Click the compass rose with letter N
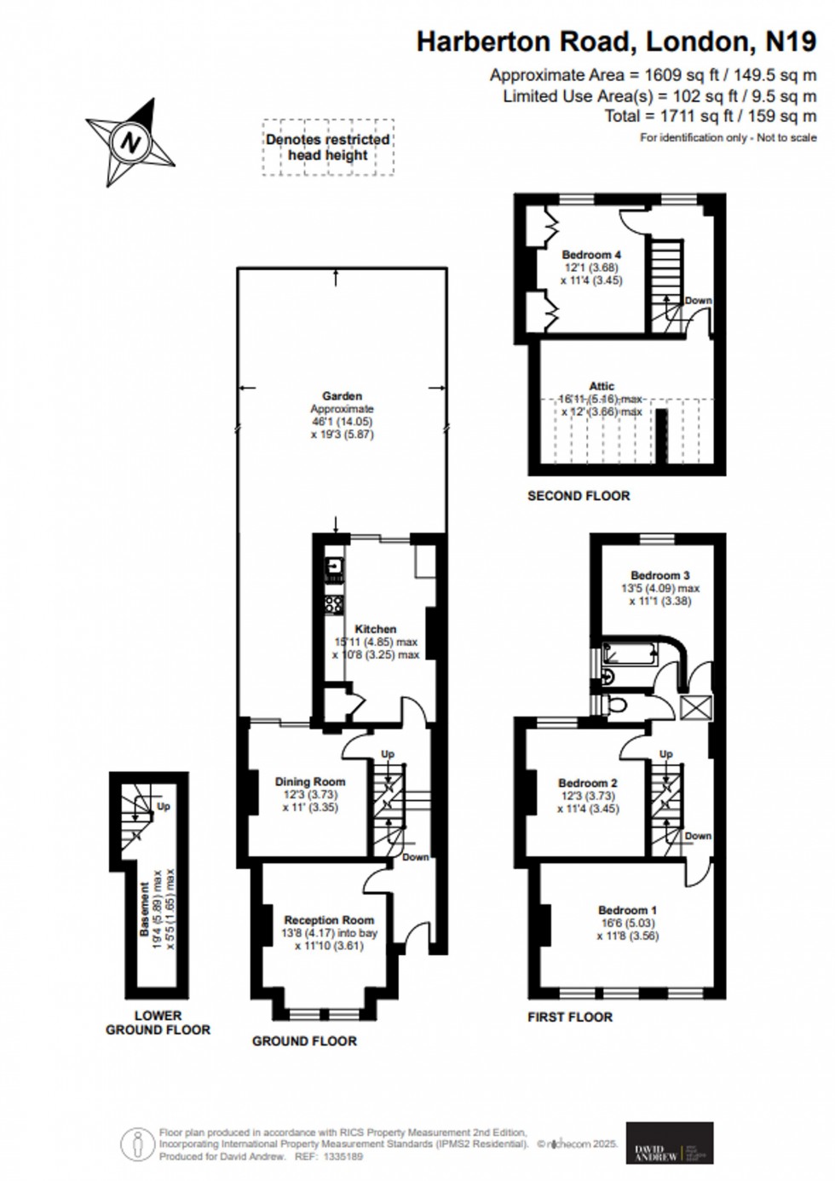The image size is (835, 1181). [x=130, y=141]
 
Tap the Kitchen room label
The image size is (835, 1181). [x=375, y=629]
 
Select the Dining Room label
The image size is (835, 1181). [x=310, y=781]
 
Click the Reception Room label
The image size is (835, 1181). [x=329, y=920]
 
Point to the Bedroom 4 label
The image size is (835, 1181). [x=590, y=255]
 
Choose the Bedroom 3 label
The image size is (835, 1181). [x=659, y=575]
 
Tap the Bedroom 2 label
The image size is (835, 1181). [x=587, y=783]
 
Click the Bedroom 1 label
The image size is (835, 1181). [x=627, y=910]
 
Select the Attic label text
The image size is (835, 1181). [x=601, y=386]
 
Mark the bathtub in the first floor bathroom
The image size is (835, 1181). [x=630, y=654]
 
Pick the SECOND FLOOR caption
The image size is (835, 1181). [x=579, y=495]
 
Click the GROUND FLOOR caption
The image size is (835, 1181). [x=304, y=1040]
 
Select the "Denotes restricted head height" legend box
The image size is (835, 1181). [x=328, y=147]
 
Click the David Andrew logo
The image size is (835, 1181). [x=670, y=1143]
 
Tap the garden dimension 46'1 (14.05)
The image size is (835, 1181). [x=342, y=422]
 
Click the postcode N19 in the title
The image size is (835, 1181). [x=789, y=40]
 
